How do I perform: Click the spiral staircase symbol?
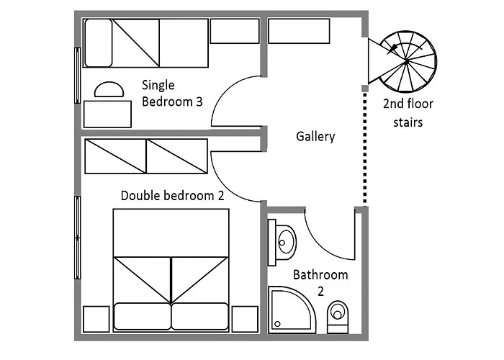click(x=407, y=61)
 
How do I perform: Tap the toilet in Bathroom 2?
click(x=338, y=317)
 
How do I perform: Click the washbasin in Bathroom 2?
click(x=283, y=243)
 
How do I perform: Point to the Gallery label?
click(x=315, y=136)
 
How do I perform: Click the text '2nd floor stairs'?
click(x=408, y=113)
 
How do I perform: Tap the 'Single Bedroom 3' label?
click(x=172, y=93)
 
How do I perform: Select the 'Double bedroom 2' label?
click(x=172, y=195)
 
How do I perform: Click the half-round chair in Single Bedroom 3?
click(x=109, y=89)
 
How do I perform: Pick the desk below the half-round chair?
click(x=108, y=114)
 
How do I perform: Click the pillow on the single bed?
click(x=99, y=43)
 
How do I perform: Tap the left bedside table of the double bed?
click(x=96, y=319)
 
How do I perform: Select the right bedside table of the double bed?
click(x=245, y=319)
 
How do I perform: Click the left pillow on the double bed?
click(x=143, y=316)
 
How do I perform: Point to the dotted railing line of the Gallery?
click(x=365, y=148)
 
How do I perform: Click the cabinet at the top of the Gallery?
click(x=299, y=31)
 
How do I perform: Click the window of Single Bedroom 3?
click(x=77, y=76)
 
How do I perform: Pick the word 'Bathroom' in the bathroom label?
click(x=320, y=275)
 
